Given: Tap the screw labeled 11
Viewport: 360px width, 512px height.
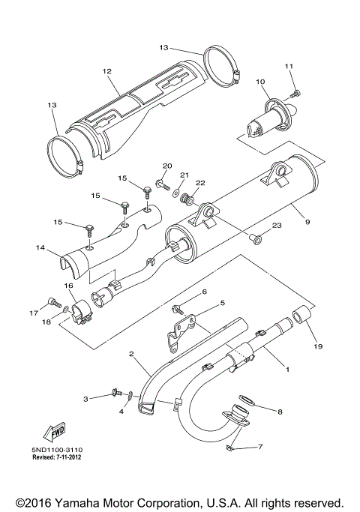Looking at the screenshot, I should (x=295, y=92).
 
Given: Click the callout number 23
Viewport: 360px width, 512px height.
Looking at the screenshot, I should (x=276, y=226).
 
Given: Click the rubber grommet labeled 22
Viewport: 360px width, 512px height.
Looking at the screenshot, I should (x=192, y=203).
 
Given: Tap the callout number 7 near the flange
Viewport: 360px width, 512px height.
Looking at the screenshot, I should (x=259, y=448).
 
